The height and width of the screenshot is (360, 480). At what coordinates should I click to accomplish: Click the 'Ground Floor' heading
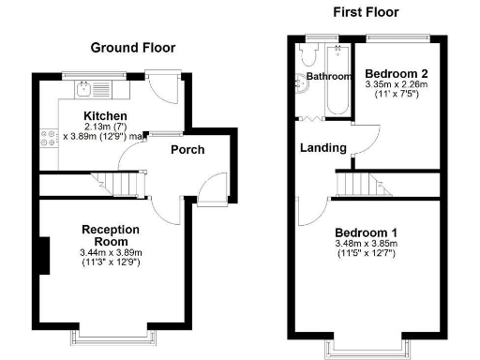tap(132, 48)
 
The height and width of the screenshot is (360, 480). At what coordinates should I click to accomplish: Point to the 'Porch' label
tap(187, 150)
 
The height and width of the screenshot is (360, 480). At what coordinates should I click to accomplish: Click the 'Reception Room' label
tap(111, 235)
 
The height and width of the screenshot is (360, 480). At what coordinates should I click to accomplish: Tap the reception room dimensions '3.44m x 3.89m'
tap(112, 252)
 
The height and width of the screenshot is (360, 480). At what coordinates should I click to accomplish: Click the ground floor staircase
tap(117, 184)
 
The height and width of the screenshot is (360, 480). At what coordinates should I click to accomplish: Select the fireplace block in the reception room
tap(43, 256)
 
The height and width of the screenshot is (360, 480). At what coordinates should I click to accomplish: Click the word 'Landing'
tap(322, 148)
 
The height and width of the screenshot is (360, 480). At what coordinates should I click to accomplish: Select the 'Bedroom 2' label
tap(397, 74)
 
